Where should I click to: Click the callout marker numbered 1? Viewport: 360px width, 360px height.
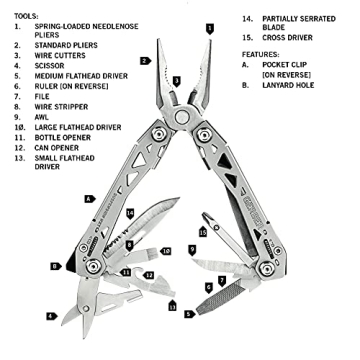point(209,28)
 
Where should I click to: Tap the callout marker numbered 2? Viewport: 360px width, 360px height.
point(145,60)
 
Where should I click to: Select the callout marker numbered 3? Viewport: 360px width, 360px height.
point(176,80)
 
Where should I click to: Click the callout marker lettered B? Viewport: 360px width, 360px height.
point(54,266)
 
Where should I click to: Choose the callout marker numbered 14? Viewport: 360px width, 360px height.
point(130,213)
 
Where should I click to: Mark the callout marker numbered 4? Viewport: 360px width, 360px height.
point(51,317)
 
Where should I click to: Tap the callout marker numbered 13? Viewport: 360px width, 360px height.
point(171,306)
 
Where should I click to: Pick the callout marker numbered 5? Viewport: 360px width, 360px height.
point(189,314)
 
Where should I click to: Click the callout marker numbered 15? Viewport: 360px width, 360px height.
point(203,233)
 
